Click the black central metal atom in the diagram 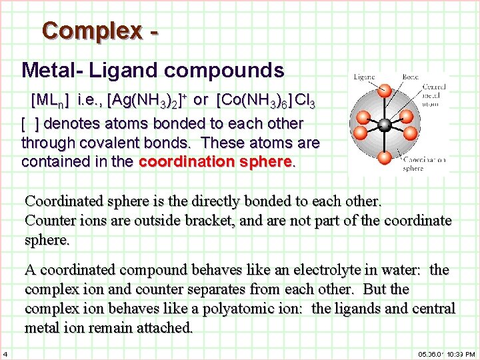click(x=384, y=125)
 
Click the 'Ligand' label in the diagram click(x=365, y=77)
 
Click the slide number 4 click(x=5, y=353)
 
